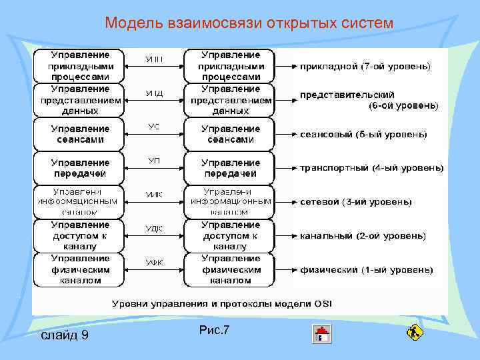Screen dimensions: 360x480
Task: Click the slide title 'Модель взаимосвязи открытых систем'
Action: coord(249,23)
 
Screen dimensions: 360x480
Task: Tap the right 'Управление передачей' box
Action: coord(230,168)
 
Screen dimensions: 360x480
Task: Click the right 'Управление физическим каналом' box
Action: coord(230,269)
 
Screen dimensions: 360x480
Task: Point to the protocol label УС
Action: coord(153,126)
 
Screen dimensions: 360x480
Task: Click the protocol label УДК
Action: coord(154,229)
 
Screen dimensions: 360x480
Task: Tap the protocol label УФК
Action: coord(154,262)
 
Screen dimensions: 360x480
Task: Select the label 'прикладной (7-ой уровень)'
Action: coord(365,67)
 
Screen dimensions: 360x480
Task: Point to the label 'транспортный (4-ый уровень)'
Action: coord(371,168)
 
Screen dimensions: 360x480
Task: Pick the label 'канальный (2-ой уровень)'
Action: coord(363,235)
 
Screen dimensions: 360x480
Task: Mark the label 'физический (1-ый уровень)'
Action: coord(366,269)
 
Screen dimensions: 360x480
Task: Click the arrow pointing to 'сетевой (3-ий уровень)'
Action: coord(286,202)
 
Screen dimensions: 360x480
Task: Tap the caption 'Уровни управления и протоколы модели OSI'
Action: coord(221,303)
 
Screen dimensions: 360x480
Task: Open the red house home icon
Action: coord(322,333)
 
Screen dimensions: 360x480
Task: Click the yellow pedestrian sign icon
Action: coord(415,331)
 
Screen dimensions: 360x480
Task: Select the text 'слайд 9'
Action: coord(65,335)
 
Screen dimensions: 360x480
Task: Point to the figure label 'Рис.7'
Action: coord(213,329)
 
